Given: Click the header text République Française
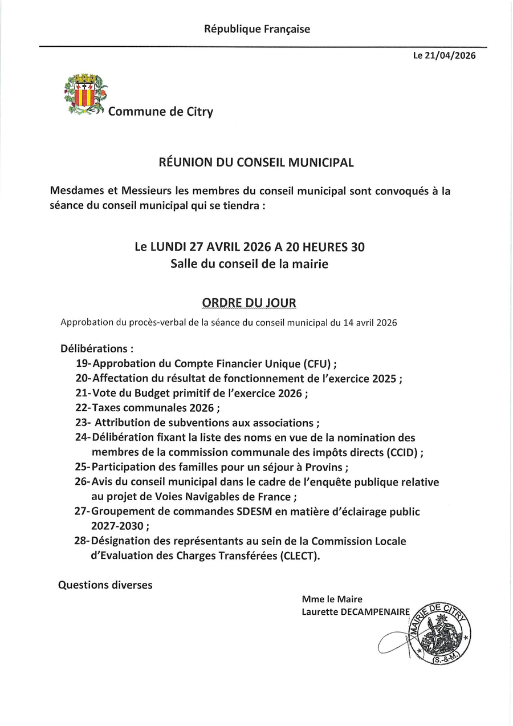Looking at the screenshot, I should (257, 29).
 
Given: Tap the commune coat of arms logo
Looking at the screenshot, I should (85, 95).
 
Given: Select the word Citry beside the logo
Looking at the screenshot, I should (198, 112).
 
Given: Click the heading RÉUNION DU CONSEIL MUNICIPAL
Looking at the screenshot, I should (256, 163).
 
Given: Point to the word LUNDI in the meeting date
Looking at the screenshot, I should (168, 248).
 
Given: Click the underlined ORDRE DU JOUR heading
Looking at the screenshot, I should (249, 302).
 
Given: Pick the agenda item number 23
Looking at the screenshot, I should (82, 423).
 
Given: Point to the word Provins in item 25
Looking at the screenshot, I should (323, 467).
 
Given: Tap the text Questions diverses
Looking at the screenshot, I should (105, 585).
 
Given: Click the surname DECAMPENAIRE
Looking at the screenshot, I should (373, 612).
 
